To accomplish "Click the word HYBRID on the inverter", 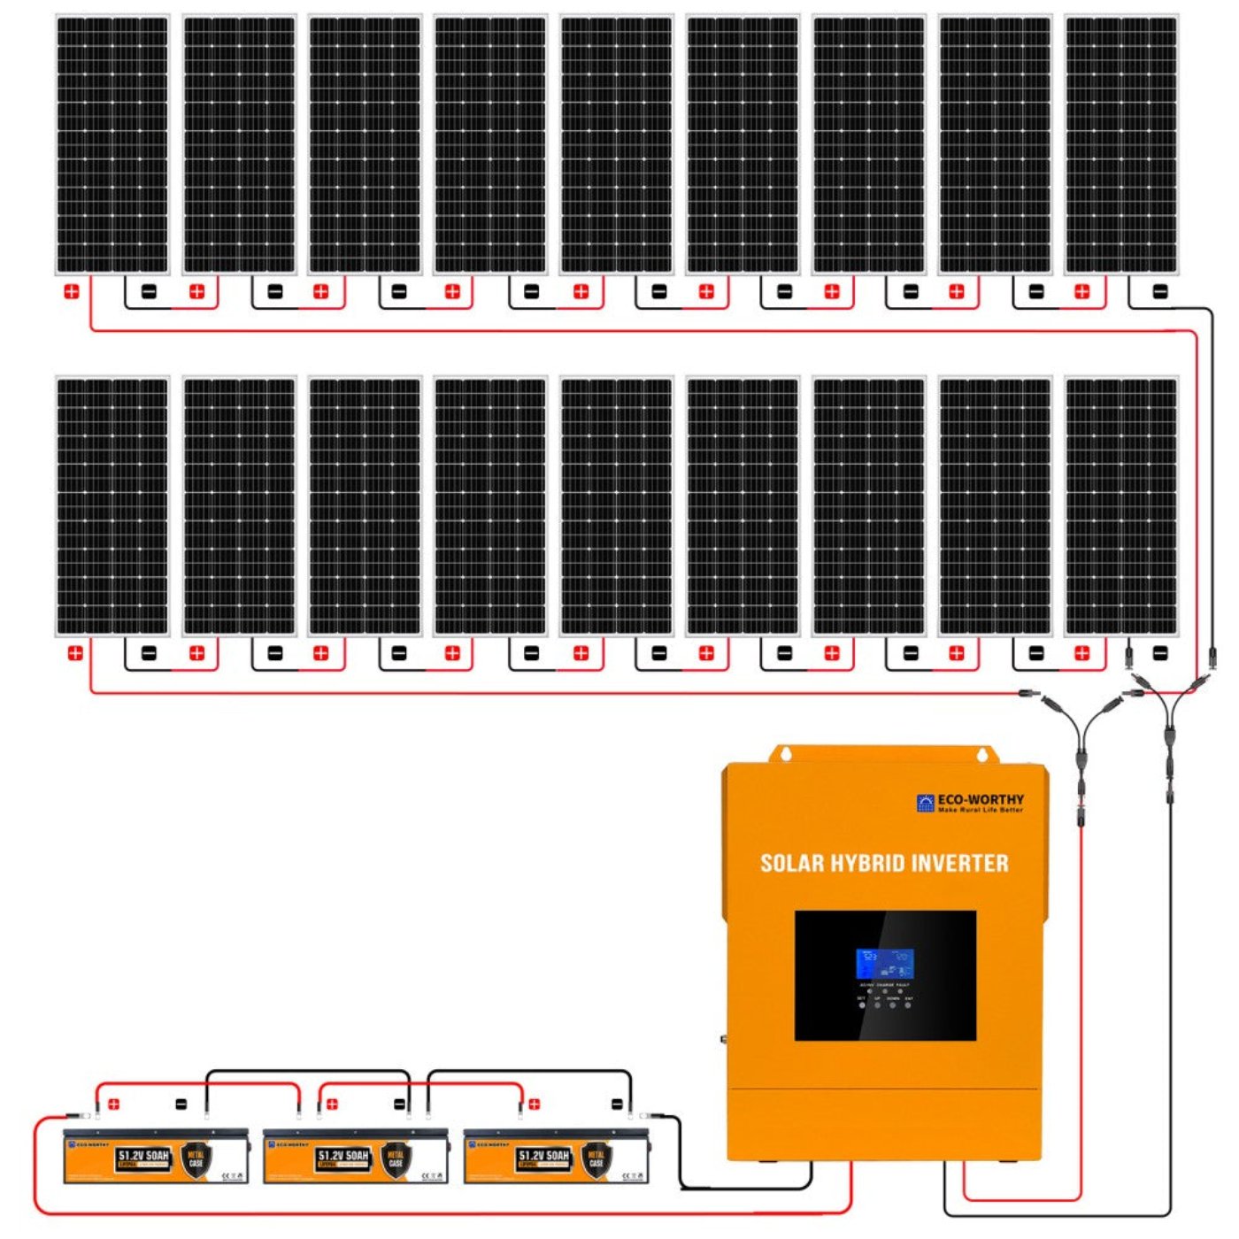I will tap(867, 864).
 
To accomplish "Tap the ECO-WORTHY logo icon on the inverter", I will tap(926, 803).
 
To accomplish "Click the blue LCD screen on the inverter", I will tap(884, 964).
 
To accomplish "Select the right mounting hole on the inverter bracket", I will tap(981, 755).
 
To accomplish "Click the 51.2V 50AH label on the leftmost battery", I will tap(143, 1156).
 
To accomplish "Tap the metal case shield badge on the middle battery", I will tap(396, 1158).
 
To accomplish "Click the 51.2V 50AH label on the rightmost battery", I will tap(544, 1156).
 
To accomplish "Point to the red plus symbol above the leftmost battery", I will tap(113, 1104).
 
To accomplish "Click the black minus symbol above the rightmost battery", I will tap(617, 1104).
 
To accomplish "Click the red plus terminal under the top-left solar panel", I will tap(72, 291).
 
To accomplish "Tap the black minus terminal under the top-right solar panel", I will tap(1160, 291).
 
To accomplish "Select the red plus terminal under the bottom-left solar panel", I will tap(75, 653).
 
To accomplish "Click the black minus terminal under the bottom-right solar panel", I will tap(1160, 653).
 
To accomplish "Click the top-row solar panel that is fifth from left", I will tap(617, 144).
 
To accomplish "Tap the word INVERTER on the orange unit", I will tap(960, 864).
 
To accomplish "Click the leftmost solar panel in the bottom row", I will tap(112, 506).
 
